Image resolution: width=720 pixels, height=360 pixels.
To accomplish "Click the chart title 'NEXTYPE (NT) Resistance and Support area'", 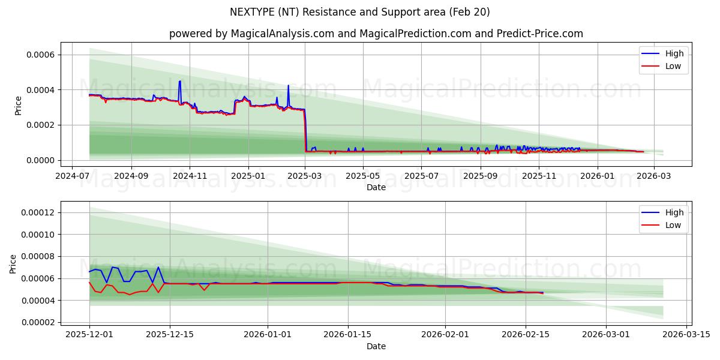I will click(x=359, y=12).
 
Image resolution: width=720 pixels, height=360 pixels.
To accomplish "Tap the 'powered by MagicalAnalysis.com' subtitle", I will click(x=376, y=34).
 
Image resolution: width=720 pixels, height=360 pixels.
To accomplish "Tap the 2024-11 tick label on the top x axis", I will click(x=190, y=176).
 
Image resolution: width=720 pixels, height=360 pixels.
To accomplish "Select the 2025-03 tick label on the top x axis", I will click(x=305, y=176).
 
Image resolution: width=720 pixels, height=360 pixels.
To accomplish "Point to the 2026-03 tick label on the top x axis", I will click(x=653, y=176).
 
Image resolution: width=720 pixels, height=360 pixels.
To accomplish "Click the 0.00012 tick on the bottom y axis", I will click(x=38, y=212).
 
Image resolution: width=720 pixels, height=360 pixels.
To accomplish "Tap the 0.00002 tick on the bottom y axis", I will click(x=38, y=322).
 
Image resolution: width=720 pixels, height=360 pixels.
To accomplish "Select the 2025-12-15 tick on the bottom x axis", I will click(x=169, y=335).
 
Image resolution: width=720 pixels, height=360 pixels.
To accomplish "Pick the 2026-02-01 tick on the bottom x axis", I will click(x=445, y=335).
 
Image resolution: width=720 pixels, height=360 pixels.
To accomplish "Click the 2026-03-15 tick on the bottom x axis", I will click(x=685, y=335).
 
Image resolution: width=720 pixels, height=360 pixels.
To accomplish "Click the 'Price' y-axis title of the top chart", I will click(x=18, y=106).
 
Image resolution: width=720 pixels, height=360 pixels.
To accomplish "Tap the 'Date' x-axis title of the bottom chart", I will click(x=376, y=346).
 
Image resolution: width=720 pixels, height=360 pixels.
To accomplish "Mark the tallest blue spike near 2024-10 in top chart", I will click(x=179, y=82).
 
